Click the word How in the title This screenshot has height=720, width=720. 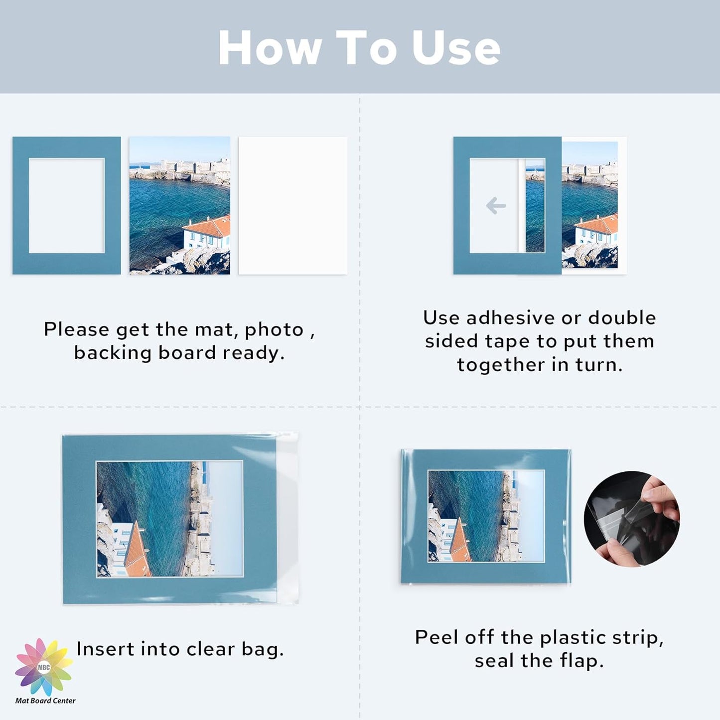[270, 48]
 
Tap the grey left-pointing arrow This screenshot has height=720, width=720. [496, 205]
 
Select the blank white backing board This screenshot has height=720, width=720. [293, 205]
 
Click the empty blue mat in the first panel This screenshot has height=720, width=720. [20, 205]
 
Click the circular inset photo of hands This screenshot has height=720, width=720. [632, 519]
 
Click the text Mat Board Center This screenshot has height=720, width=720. [45, 701]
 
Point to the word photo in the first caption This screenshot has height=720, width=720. [274, 330]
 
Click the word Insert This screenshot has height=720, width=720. [105, 649]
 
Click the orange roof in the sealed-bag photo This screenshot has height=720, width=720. [459, 544]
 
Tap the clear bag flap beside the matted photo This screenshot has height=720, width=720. [288, 518]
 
